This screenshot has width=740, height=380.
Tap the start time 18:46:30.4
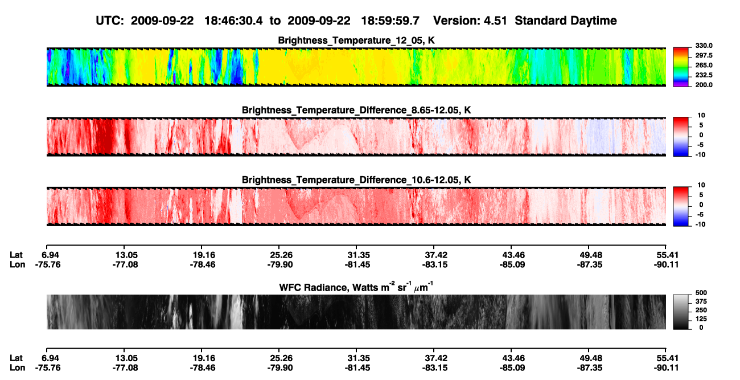(x=233, y=21)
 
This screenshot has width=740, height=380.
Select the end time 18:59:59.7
(x=390, y=21)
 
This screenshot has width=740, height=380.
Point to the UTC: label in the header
(x=110, y=21)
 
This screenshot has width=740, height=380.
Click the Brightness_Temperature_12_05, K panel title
(x=356, y=40)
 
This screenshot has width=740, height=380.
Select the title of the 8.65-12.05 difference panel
(x=356, y=110)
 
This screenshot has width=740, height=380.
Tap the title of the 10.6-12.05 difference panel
(x=356, y=180)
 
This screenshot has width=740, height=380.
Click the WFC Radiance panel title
(x=356, y=287)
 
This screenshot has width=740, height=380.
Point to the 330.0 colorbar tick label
(x=704, y=46)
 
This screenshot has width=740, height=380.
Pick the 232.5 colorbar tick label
(x=704, y=75)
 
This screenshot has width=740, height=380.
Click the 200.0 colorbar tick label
(x=704, y=85)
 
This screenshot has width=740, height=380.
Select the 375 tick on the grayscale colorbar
(x=701, y=301)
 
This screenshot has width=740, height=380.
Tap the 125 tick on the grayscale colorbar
(x=701, y=319)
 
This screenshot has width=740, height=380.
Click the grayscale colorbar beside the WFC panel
(x=681, y=312)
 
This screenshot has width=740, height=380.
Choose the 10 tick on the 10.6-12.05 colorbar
(x=701, y=185)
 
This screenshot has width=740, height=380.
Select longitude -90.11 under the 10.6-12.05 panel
(x=666, y=264)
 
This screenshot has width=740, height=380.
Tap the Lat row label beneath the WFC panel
(x=16, y=358)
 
